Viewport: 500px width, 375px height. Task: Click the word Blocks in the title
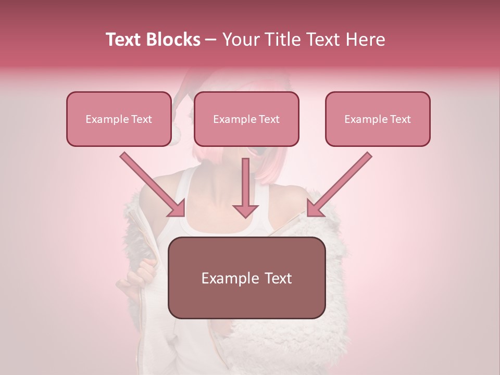point(174,40)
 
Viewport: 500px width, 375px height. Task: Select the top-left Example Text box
point(119,119)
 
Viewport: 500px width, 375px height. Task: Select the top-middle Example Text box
point(246,119)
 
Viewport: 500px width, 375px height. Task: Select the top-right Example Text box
point(378,119)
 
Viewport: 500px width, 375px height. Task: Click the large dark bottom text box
point(246,278)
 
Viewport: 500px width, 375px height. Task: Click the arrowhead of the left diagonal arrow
point(177,208)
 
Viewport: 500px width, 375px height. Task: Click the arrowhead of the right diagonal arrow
point(315,208)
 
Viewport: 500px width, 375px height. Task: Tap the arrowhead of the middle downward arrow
point(245,210)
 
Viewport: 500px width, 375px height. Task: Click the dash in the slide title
point(211,40)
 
